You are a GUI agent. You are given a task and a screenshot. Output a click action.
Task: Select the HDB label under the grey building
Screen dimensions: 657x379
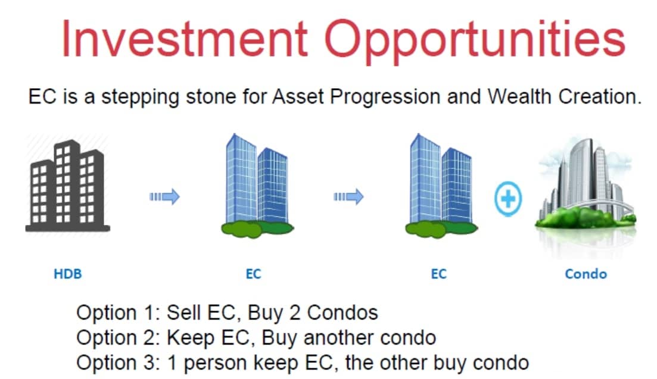click(68, 274)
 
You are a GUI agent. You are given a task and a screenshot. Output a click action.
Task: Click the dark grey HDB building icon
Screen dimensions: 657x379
click(68, 186)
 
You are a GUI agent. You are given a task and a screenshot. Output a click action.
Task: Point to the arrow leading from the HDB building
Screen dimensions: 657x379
click(164, 196)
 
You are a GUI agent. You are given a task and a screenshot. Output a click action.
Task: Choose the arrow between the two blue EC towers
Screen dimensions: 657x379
click(348, 196)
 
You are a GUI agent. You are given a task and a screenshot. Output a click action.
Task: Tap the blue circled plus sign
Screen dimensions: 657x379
click(508, 199)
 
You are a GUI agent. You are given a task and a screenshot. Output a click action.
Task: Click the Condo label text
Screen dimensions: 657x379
click(586, 274)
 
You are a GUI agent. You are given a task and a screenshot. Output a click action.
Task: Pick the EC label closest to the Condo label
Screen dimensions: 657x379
click(439, 274)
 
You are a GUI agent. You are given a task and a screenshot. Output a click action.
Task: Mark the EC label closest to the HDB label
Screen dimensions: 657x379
click(254, 274)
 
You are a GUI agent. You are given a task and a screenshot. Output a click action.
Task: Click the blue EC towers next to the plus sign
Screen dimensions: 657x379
click(441, 186)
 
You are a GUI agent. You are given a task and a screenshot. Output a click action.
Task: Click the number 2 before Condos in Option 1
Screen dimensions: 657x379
click(295, 313)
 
